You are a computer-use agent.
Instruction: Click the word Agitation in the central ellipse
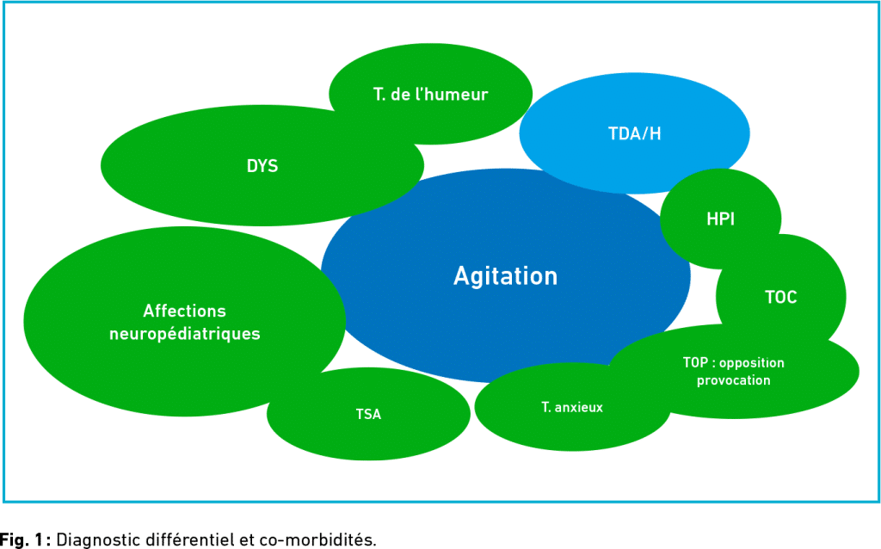point(505,276)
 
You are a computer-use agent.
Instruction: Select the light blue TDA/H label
point(634,133)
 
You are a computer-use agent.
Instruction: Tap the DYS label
point(262,166)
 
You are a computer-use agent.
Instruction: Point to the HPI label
point(720,219)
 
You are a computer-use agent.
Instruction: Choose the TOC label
point(781,297)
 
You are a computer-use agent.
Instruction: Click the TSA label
point(368,414)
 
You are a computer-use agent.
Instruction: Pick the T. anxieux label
point(572,407)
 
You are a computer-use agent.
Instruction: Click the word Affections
point(184,311)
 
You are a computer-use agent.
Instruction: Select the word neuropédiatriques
point(185,334)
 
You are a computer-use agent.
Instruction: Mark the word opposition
point(752,363)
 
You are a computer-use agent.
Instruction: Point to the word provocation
point(734,380)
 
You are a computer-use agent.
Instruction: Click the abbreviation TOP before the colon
point(695,362)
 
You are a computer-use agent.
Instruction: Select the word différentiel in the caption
point(190,540)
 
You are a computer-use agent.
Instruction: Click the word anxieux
point(579,407)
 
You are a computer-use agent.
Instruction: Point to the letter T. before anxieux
point(545,407)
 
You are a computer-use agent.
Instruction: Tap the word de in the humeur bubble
point(400,95)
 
